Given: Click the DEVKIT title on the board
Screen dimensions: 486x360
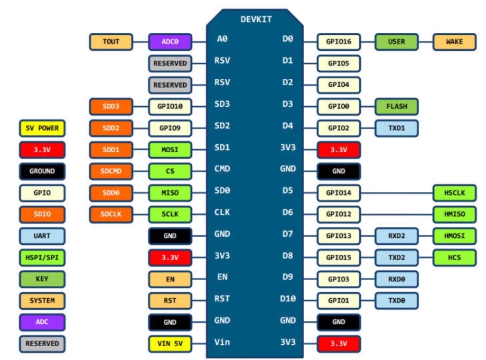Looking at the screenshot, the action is pyautogui.click(x=256, y=19).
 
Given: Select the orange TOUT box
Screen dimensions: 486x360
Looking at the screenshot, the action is pyautogui.click(x=111, y=42).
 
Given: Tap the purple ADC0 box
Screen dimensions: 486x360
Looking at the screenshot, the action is pyautogui.click(x=170, y=42).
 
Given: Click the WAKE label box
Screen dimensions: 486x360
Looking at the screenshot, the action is pyautogui.click(x=454, y=42).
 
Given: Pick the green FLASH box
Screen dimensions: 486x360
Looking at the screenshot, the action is pyautogui.click(x=396, y=106).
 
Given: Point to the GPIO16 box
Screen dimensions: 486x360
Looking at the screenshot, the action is pyautogui.click(x=339, y=42).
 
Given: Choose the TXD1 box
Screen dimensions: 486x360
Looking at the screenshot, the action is pyautogui.click(x=396, y=128).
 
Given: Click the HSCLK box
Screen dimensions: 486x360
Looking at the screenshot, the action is pyautogui.click(x=454, y=193).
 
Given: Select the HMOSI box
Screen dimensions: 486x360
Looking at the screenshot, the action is pyautogui.click(x=454, y=236).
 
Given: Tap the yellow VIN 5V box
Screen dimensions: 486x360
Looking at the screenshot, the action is pyautogui.click(x=170, y=344).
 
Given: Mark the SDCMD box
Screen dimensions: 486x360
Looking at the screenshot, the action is pyautogui.click(x=111, y=171).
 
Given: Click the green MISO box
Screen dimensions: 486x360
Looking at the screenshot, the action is pyautogui.click(x=170, y=193).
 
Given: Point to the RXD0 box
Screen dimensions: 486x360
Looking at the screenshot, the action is pyautogui.click(x=396, y=279).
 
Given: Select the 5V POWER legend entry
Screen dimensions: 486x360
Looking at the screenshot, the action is pyautogui.click(x=42, y=128).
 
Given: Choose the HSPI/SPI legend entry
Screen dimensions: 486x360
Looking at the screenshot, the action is pyautogui.click(x=42, y=257).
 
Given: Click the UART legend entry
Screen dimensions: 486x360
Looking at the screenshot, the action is pyautogui.click(x=42, y=236).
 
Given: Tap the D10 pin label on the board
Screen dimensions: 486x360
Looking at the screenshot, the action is pyautogui.click(x=287, y=299).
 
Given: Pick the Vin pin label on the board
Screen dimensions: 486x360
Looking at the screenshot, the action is pyautogui.click(x=222, y=342).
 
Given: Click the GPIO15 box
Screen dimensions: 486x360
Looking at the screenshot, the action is pyautogui.click(x=339, y=257).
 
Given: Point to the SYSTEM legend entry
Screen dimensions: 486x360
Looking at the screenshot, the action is pyautogui.click(x=42, y=300).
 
